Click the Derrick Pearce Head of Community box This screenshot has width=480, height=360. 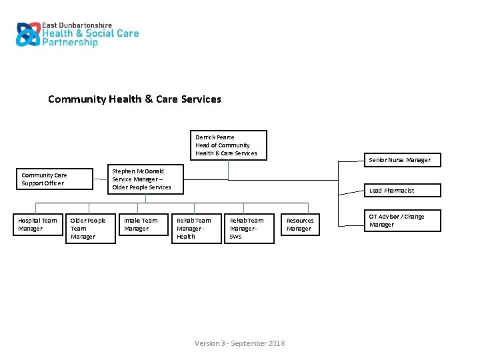(x=228, y=145)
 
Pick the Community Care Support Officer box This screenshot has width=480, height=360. (x=54, y=179)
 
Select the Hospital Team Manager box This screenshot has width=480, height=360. (x=39, y=225)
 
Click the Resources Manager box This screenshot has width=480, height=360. (x=301, y=225)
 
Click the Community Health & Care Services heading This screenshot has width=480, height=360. (x=135, y=99)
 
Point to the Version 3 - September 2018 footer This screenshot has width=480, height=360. (x=239, y=343)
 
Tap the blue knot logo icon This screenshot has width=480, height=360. (x=28, y=34)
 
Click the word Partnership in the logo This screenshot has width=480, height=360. (x=70, y=43)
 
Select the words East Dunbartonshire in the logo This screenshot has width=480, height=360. (x=77, y=25)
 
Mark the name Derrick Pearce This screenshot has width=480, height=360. (x=215, y=137)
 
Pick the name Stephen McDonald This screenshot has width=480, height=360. (x=138, y=171)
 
